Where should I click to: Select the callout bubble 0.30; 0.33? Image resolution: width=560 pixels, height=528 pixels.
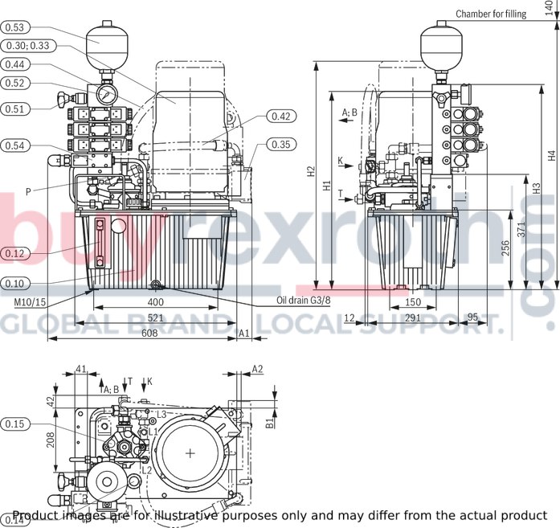[x=27, y=46]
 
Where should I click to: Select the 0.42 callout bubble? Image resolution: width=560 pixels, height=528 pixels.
[x=280, y=117]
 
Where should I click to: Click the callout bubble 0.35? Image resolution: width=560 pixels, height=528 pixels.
[x=280, y=145]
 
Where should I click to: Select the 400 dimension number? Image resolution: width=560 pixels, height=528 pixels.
[x=156, y=302]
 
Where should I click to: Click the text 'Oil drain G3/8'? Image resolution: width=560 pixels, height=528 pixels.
[x=303, y=301]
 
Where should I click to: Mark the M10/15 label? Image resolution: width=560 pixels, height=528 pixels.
[x=30, y=302]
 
